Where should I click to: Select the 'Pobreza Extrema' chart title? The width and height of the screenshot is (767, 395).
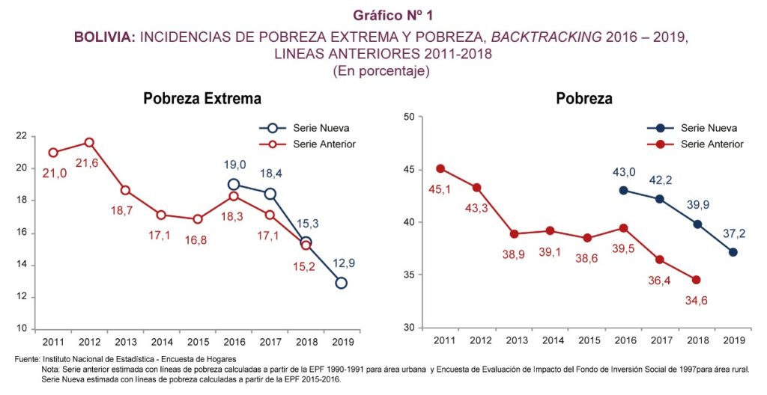[x=202, y=98]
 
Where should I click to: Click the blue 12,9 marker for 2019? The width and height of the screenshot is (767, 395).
[x=341, y=283]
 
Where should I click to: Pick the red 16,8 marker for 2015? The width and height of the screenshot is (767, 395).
[x=198, y=219]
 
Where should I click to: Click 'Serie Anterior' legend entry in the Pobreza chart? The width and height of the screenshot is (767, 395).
[x=712, y=144]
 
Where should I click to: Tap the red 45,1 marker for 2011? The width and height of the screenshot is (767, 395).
[x=441, y=168]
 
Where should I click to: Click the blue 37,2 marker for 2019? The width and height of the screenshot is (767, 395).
[x=732, y=252]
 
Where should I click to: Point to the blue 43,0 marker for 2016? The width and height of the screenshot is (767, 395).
[x=624, y=190]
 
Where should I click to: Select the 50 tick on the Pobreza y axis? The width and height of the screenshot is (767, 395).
[x=409, y=117]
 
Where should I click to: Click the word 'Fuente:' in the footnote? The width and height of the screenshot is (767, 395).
[x=27, y=361]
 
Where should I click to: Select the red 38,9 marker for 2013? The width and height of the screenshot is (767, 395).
[x=514, y=233]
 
